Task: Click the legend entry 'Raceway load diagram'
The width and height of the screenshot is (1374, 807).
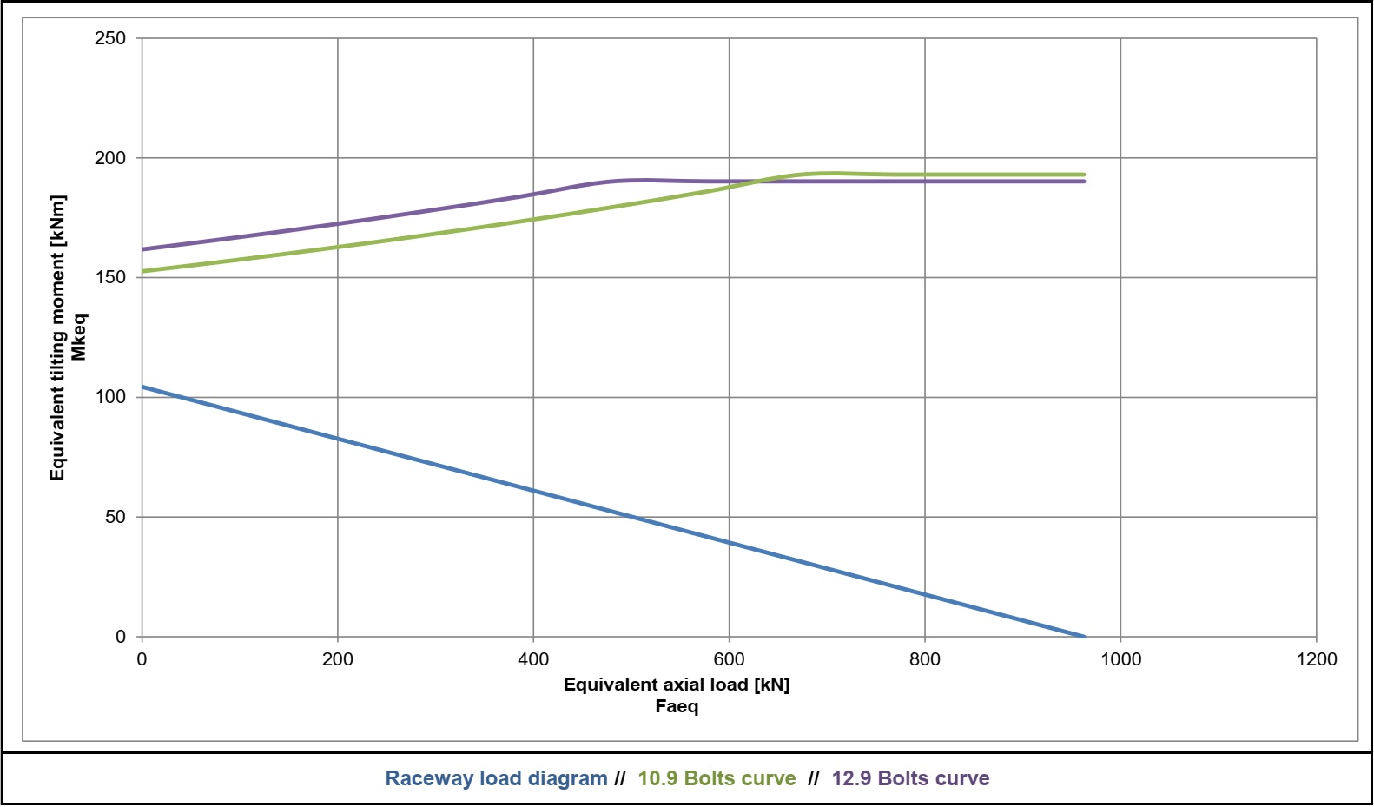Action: pyautogui.click(x=496, y=778)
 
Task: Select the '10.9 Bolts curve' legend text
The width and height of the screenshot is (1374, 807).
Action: pyautogui.click(x=717, y=778)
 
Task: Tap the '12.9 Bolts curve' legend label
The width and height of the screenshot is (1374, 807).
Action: pyautogui.click(x=910, y=778)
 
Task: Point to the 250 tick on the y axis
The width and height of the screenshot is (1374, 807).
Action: pyautogui.click(x=110, y=38)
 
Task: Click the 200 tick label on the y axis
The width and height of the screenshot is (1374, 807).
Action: pyautogui.click(x=110, y=158)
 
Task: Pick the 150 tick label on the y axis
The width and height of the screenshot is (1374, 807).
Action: pyautogui.click(x=110, y=277)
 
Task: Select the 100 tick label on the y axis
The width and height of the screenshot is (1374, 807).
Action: pyautogui.click(x=110, y=397)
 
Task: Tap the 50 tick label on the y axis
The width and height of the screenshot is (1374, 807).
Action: pyautogui.click(x=115, y=517)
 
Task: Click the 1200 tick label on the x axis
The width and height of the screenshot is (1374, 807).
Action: pyautogui.click(x=1316, y=659)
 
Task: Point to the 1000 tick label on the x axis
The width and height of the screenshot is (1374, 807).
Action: pyautogui.click(x=1120, y=659)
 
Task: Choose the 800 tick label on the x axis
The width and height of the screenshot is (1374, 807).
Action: pyautogui.click(x=924, y=659)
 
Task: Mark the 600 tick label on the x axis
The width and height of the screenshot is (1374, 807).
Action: pyautogui.click(x=729, y=659)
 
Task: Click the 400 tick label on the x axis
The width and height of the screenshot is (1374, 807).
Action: pyautogui.click(x=533, y=659)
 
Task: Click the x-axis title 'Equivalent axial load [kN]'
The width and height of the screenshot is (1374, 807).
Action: pyautogui.click(x=677, y=685)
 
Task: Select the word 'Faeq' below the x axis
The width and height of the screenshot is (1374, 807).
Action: pyautogui.click(x=677, y=706)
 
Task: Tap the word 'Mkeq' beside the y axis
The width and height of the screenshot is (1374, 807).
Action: pyautogui.click(x=79, y=337)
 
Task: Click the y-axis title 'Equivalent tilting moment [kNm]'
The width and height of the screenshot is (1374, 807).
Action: pyautogui.click(x=57, y=337)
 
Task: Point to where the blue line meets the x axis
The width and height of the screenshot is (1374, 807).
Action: pyautogui.click(x=1084, y=637)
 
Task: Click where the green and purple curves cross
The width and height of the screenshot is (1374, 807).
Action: pyautogui.click(x=758, y=182)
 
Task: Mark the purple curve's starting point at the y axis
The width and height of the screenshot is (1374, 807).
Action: pyautogui.click(x=142, y=249)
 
